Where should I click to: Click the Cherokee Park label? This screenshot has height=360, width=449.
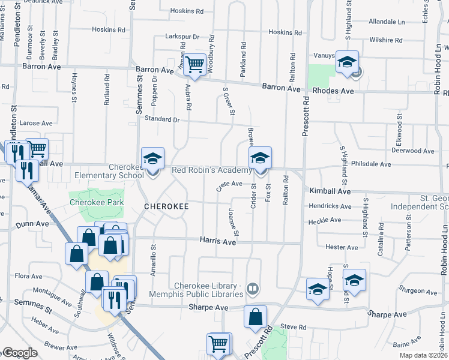pos(97,203)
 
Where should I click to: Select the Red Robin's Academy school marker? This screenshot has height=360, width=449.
pos(260,159)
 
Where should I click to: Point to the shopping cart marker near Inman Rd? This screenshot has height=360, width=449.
pos(194,64)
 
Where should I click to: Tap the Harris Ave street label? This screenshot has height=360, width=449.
pos(221,241)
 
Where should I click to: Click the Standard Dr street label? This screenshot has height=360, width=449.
pos(159,119)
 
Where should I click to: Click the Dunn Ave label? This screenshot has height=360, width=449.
pos(33,224)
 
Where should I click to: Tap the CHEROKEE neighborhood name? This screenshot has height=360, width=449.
pos(166,206)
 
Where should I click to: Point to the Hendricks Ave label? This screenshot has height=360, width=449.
pos(330,206)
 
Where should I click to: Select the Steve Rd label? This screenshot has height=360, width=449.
pos(293,327)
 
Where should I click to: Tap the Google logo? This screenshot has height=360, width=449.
pos(19,353)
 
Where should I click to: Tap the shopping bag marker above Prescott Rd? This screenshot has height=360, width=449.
pos(255,316)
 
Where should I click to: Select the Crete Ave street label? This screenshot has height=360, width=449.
pos(229,184)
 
